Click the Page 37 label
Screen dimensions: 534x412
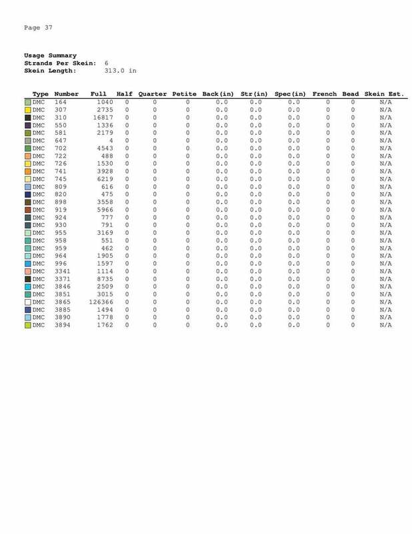38,27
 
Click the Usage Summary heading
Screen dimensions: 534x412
50,55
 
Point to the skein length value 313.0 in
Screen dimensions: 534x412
121,69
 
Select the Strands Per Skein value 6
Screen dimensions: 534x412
107,62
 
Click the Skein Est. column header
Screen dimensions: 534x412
384,94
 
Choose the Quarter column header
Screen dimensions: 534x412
154,94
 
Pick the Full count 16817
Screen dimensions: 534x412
103,117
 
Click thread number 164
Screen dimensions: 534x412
61,102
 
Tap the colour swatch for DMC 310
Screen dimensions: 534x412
28,117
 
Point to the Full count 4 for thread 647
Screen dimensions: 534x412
112,141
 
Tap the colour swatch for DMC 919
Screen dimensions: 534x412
28,210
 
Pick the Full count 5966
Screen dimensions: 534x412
105,210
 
